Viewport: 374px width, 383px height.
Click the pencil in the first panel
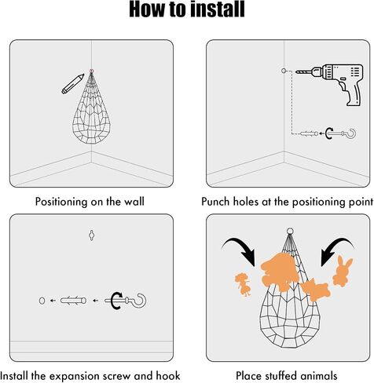click(73, 84)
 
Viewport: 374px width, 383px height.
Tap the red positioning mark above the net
click(91, 71)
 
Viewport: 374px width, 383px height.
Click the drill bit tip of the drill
click(296, 71)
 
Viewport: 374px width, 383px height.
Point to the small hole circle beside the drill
click(284, 71)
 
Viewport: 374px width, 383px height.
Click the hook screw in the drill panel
click(341, 133)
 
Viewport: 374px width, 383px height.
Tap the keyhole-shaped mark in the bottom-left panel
click(91, 235)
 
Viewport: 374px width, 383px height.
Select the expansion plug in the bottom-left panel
click(73, 301)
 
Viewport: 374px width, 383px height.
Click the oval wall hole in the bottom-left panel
click(42, 301)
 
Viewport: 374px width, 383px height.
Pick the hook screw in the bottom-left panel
click(126, 301)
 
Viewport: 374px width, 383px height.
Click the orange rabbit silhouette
click(343, 272)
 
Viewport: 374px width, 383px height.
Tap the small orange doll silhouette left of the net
click(243, 284)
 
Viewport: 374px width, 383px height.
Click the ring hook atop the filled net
click(290, 232)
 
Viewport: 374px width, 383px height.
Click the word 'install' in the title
click(218, 9)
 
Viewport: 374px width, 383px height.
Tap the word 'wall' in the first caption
click(134, 202)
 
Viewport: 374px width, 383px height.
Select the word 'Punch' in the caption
click(216, 202)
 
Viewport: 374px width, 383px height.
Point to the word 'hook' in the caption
click(168, 376)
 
